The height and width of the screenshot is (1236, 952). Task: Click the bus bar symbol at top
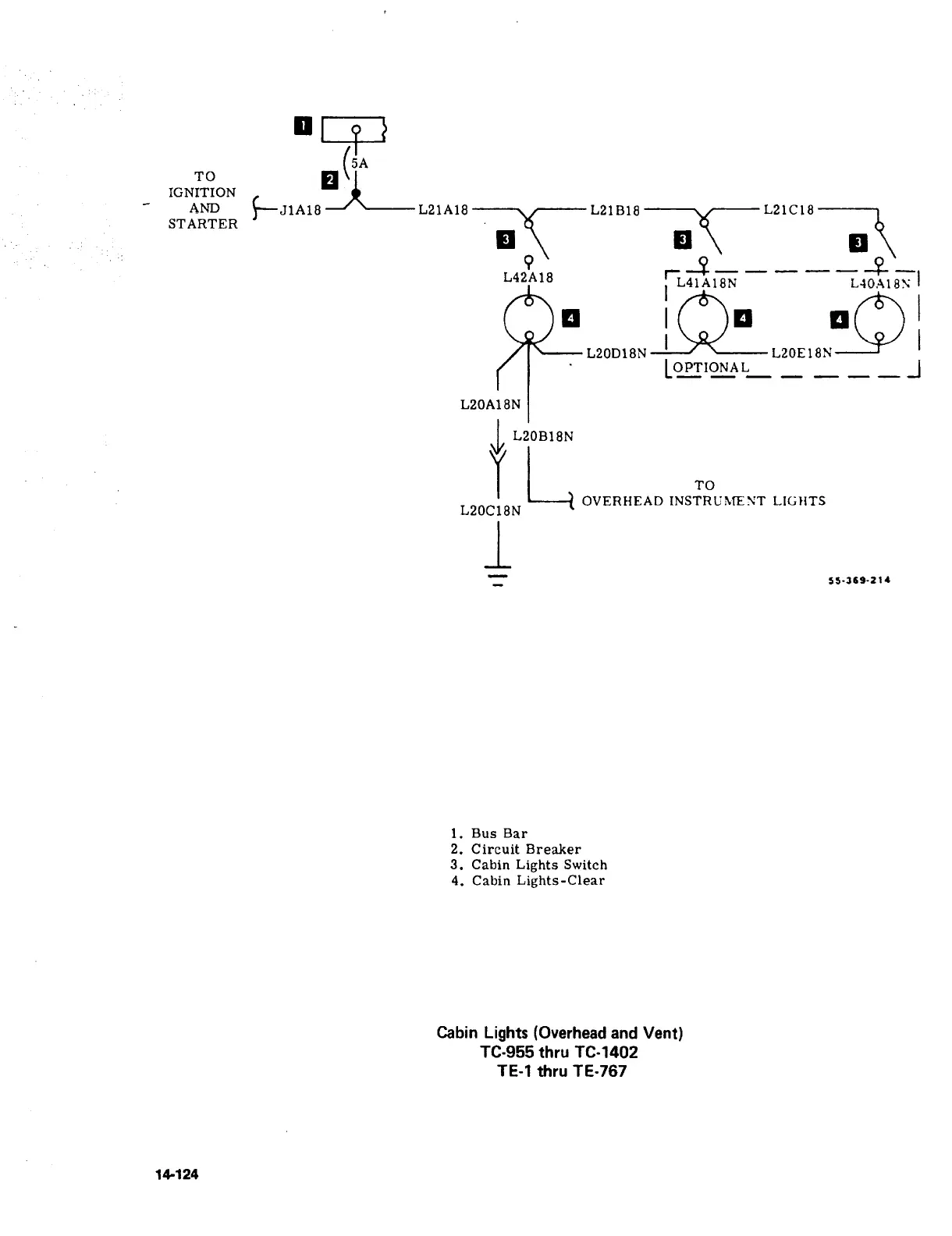354,130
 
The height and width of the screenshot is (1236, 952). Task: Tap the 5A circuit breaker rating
359,164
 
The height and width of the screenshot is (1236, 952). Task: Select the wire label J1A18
300,209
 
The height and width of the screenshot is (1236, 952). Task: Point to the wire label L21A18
443,209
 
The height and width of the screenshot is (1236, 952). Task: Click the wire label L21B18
615,209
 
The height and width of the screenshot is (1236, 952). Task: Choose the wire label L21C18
789,209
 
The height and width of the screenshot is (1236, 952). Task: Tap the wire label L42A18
528,277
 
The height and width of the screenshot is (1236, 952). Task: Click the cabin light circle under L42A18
529,319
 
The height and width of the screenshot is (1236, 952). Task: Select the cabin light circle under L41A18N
703,319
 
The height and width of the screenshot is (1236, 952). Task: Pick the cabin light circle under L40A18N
879,320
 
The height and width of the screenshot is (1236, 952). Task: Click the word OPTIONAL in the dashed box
711,368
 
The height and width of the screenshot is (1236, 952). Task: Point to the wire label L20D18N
616,353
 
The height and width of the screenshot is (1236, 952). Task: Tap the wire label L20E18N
801,353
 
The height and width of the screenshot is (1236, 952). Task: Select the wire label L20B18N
543,436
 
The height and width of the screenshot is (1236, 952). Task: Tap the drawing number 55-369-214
858,580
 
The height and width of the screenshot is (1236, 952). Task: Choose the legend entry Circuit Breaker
526,849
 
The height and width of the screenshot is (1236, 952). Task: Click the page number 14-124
176,1174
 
